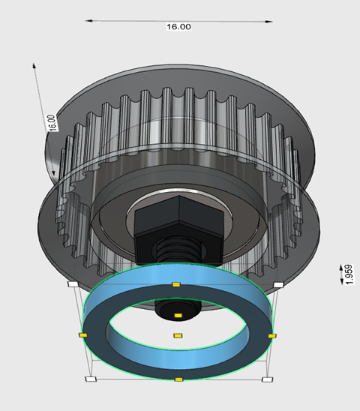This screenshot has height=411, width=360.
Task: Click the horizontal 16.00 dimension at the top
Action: click(x=178, y=27)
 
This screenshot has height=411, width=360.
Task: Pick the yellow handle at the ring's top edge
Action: click(x=176, y=285)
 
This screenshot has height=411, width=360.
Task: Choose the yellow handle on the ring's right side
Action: click(x=271, y=335)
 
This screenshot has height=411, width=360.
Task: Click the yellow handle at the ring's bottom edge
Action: click(x=178, y=380)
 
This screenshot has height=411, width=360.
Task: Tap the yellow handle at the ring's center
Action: click(x=178, y=335)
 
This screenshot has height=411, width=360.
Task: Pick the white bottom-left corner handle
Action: click(x=91, y=379)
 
